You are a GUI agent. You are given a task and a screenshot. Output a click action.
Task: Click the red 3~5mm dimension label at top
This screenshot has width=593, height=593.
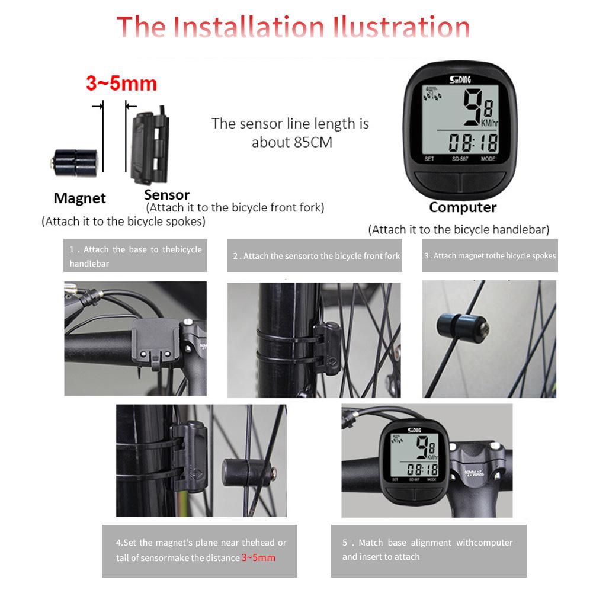point(121,84)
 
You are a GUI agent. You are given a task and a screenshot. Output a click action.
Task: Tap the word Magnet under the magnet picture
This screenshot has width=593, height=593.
point(79,198)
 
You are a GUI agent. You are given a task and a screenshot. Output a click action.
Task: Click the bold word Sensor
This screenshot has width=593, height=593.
point(166,194)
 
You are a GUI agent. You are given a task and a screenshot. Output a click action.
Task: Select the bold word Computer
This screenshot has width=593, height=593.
point(463,207)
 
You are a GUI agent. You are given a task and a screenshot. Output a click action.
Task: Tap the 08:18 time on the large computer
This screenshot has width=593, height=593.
point(473,142)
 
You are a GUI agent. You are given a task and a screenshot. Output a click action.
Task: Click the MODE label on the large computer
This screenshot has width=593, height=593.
point(488,159)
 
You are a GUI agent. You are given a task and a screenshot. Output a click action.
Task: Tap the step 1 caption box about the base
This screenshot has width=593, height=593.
point(135,256)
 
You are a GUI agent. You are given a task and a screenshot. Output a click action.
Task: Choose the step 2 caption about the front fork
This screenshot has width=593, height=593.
point(316,256)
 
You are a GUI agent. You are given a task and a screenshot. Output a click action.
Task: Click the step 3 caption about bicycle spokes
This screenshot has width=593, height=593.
point(489,256)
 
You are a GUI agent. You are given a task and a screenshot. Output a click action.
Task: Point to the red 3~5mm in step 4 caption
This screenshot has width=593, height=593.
point(258,557)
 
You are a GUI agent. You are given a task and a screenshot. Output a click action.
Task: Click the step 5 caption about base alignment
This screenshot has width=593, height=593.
point(428,550)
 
